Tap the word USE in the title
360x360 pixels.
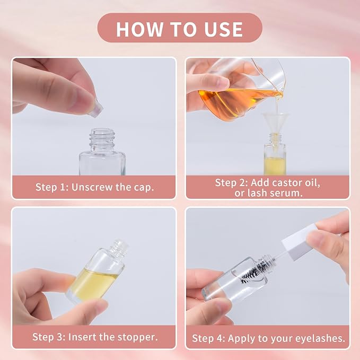pos(224,29)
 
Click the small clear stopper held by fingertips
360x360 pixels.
pos(96,108)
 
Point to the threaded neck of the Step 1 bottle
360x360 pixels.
pos(102,139)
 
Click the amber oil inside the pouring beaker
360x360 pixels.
pos(236,103)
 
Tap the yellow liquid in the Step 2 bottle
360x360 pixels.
pos(275,166)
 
